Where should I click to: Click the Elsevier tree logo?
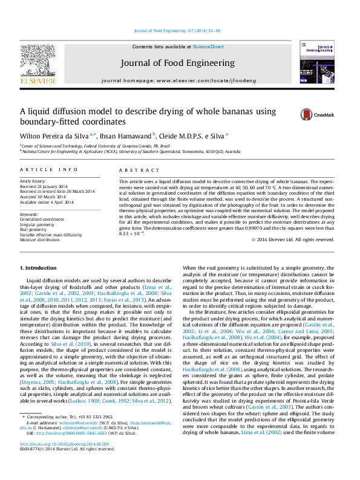[x=38, y=61]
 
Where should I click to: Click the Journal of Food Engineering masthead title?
[x=177, y=63]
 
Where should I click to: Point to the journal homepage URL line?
[x=178, y=80]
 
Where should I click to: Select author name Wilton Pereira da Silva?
[x=54, y=135]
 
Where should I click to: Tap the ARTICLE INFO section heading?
[x=49, y=170]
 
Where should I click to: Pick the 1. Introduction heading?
[x=39, y=267]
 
